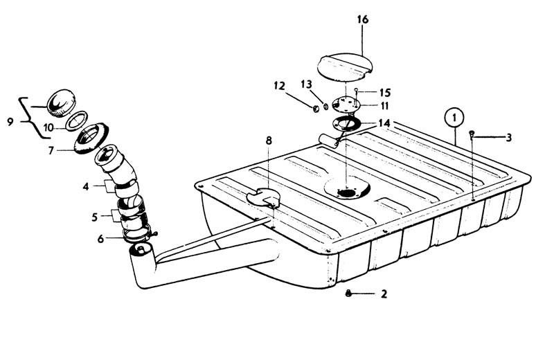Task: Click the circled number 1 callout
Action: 454,118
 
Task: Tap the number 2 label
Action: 384,294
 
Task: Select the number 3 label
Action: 508,138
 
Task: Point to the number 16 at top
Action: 364,19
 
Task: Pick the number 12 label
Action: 280,86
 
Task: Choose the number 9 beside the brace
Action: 10,122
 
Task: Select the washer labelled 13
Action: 325,107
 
